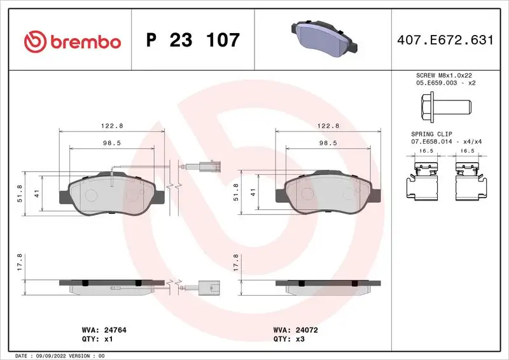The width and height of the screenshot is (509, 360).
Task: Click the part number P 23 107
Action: [x=193, y=41]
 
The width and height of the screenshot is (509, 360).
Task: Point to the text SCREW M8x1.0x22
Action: [x=443, y=75]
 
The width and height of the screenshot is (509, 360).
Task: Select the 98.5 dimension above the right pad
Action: [x=328, y=144]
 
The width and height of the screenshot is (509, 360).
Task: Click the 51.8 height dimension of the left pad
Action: [x=20, y=193]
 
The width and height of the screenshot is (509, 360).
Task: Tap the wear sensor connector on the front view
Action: [x=208, y=169]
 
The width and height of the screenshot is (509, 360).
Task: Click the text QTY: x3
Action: [x=288, y=340]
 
